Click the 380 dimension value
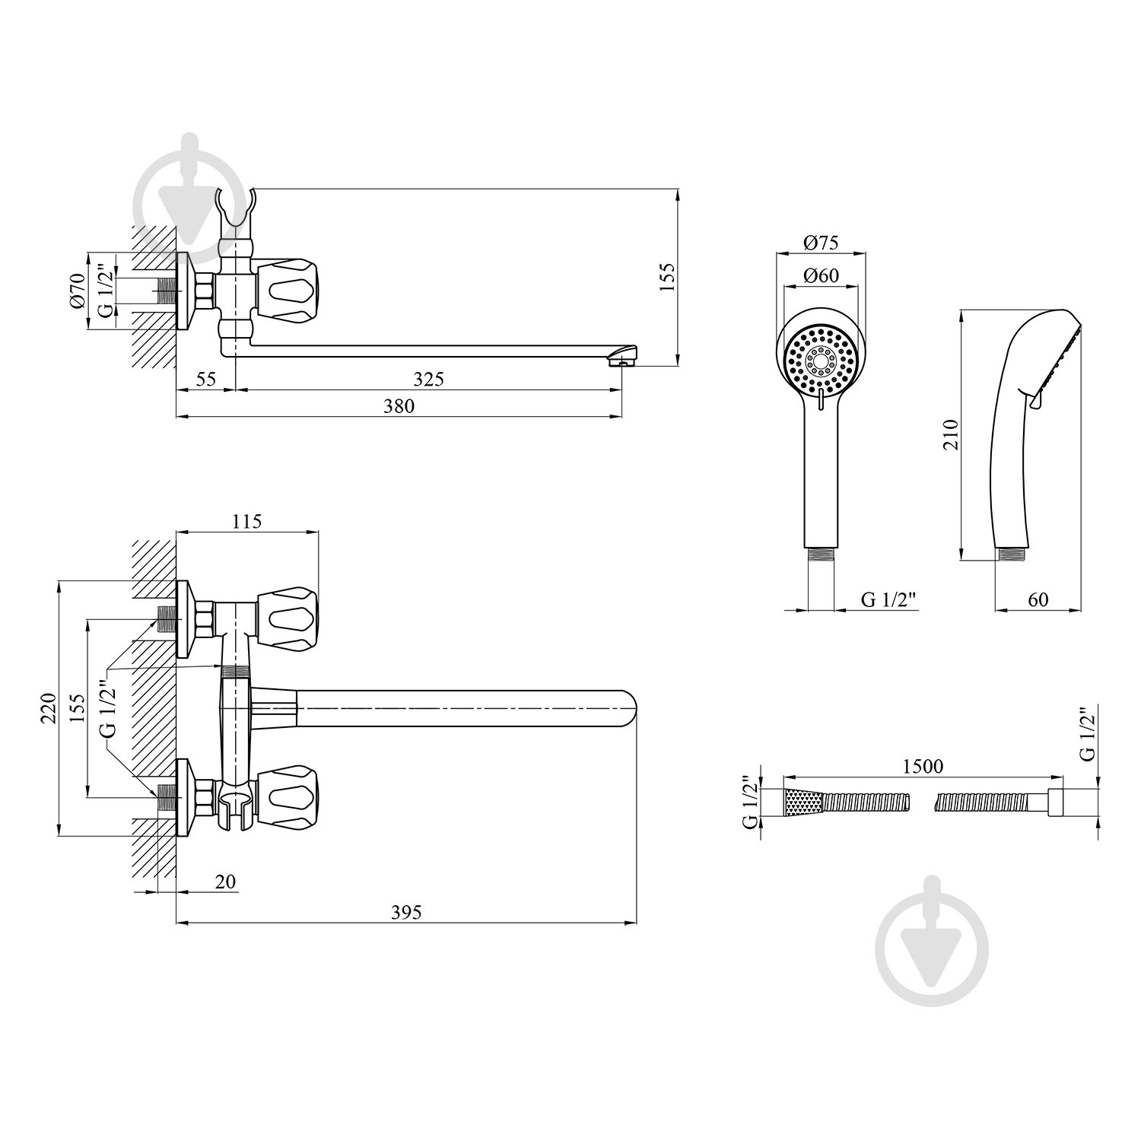coord(399,406)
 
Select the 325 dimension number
coord(429,379)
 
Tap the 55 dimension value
coord(205,379)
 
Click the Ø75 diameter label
coord(820,243)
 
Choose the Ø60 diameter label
coord(820,275)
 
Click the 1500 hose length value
coord(923,766)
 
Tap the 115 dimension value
coord(246,521)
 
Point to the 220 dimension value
coord(48,709)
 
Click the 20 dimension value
coord(225,881)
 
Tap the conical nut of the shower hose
coord(803,803)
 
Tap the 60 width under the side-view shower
coord(1038,599)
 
